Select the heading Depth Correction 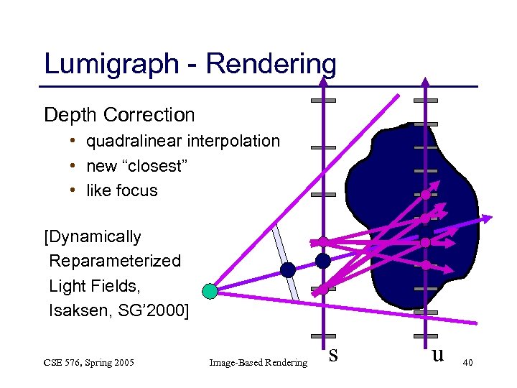pos(119,114)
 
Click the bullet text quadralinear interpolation pos(183,141)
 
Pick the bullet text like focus pos(122,191)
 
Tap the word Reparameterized pos(115,260)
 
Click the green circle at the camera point pos(209,291)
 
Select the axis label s pos(333,354)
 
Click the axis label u pos(437,355)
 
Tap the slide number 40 pos(467,365)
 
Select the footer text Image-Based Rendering pos(258,364)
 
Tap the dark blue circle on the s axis pos(323,260)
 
